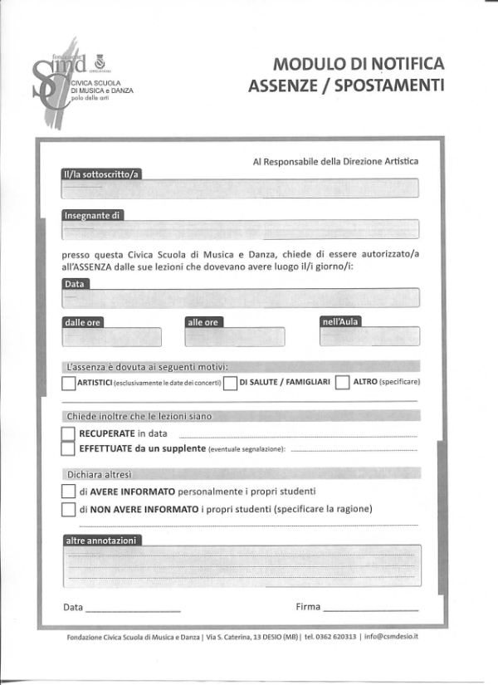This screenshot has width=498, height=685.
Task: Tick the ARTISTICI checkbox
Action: [x=68, y=383]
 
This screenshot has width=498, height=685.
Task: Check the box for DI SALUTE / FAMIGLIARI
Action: [x=231, y=383]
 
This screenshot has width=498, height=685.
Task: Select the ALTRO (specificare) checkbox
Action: [x=342, y=383]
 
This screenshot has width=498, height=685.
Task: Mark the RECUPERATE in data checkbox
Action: [x=68, y=433]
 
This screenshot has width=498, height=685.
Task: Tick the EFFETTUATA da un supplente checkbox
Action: [x=68, y=448]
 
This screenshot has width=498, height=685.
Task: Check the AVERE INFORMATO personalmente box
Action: [x=68, y=492]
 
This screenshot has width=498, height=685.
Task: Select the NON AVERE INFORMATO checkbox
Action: [x=68, y=509]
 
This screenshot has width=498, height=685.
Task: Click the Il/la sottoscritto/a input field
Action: [x=240, y=188]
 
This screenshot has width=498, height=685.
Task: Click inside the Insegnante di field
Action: [x=240, y=230]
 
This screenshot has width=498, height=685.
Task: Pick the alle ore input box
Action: [x=235, y=336]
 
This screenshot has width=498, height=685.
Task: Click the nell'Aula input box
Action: [x=369, y=336]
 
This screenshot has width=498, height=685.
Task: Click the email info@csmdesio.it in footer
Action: [x=391, y=636]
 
